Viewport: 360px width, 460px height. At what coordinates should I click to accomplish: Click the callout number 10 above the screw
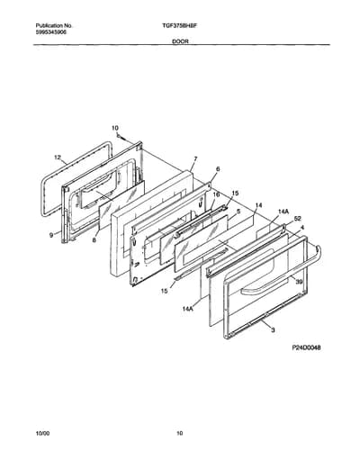tap(115, 128)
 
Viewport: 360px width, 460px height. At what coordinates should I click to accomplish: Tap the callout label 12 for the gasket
tap(58, 158)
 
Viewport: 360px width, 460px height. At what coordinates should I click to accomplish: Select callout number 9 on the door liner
tap(51, 236)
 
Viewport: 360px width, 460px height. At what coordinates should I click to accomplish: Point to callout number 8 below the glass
tap(94, 240)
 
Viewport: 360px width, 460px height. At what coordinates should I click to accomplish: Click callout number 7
tap(195, 158)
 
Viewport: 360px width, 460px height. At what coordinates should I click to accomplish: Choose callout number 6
tap(218, 169)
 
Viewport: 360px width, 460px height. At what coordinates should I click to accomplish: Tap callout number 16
tap(216, 194)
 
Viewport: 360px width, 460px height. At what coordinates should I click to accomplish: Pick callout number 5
tap(238, 212)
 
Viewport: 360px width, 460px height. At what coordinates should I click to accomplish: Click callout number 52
tap(298, 219)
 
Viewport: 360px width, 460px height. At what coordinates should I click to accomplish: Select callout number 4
tap(302, 228)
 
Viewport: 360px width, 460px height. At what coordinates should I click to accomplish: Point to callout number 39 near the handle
tap(299, 282)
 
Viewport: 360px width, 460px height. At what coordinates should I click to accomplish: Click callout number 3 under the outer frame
tap(273, 330)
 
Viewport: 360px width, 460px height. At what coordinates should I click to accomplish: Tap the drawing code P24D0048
tap(306, 347)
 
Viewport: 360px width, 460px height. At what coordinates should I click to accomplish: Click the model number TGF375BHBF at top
tap(179, 26)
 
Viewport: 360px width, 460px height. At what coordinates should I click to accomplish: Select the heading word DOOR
tap(180, 41)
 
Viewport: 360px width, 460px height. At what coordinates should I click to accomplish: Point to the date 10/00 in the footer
tap(42, 433)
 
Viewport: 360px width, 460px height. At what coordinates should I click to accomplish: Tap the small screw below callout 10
tap(121, 137)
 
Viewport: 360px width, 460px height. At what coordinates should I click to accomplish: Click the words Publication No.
tap(54, 26)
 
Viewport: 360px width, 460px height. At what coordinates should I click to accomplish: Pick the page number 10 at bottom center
tap(179, 433)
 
